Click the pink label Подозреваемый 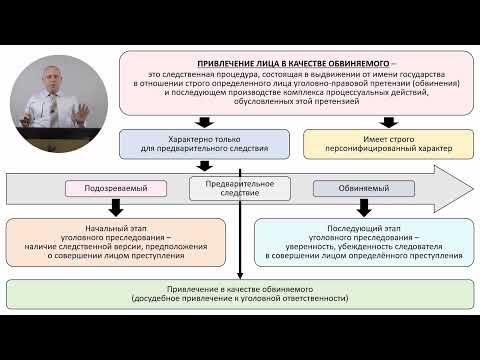coord(114,188)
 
